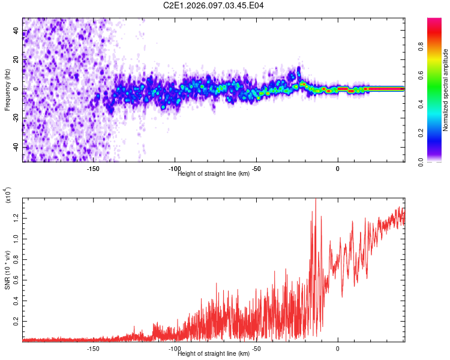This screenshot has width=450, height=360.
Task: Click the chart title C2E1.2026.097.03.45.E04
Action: (x=214, y=5)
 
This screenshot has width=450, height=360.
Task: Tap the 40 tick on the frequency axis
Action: (x=16, y=31)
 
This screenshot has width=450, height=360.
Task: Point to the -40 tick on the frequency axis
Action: (x=16, y=147)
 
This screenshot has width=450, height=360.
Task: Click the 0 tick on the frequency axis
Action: (x=16, y=89)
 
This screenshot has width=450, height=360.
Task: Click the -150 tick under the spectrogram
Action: (x=93, y=169)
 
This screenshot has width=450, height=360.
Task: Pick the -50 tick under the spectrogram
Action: (x=256, y=169)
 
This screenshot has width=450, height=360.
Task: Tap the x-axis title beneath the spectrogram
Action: (x=214, y=174)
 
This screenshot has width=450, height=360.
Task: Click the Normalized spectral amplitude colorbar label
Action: (x=445, y=90)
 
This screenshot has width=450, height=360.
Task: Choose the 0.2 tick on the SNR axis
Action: (x=16, y=322)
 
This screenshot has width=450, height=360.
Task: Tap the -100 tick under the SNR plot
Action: (x=175, y=349)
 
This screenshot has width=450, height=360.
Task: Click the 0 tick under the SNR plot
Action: (x=338, y=349)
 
